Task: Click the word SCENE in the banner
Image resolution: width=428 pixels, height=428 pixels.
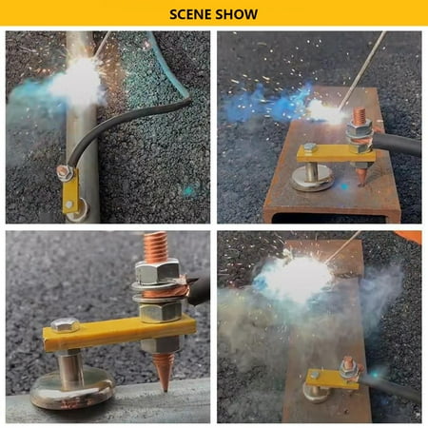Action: pos(190,14)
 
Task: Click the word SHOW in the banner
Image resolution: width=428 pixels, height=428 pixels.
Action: pos(236,14)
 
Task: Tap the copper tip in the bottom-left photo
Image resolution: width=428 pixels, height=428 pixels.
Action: pos(164,372)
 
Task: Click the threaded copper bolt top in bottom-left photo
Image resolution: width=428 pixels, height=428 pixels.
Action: pos(155,246)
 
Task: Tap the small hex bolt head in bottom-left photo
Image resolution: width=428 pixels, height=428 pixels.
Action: pos(65,325)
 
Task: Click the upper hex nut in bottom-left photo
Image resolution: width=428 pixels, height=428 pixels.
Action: pos(157,272)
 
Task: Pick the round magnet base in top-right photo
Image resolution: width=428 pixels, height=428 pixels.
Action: pos(312,179)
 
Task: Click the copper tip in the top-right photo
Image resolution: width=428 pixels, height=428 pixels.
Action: pos(361,177)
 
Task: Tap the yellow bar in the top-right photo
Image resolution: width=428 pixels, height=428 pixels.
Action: pos(336,153)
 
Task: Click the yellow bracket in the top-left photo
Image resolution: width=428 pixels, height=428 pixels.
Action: pos(69,194)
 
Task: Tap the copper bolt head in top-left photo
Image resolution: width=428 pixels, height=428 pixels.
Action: pos(65,171)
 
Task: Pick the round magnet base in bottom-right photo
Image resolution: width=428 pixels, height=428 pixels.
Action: pos(317,393)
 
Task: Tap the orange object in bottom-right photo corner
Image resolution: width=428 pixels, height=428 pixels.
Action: pos(408,237)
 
